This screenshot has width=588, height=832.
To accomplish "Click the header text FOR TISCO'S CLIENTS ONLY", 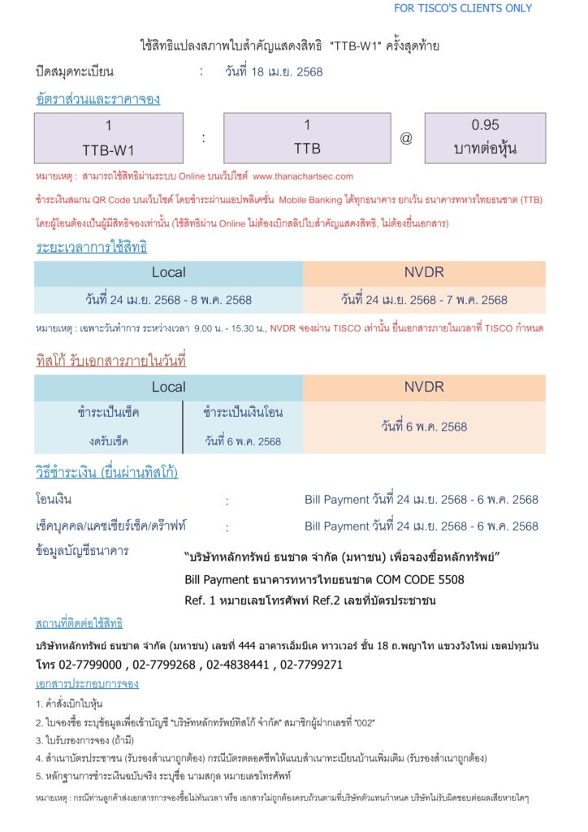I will coord(463,8).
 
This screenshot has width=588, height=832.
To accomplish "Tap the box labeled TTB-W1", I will coord(109,138).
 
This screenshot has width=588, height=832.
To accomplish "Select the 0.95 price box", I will coord(485,138).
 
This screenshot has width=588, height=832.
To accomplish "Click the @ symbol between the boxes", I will coord(406,138).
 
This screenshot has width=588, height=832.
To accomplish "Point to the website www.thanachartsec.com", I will coord(303,175).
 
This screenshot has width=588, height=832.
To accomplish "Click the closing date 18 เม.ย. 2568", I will coord(274,71).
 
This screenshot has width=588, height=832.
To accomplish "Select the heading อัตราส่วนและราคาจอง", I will coord(97,99).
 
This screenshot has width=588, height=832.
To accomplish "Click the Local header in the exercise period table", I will coord(168,272).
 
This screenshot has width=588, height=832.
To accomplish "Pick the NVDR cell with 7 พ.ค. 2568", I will coord(424,300).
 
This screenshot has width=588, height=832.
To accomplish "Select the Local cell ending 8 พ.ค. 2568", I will coord(168,300).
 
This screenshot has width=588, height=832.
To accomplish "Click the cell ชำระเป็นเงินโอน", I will coord(243,413).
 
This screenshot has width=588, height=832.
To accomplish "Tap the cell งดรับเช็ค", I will coord(109,441).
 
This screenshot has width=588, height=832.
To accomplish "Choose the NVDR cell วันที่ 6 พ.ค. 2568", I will coord(424,426).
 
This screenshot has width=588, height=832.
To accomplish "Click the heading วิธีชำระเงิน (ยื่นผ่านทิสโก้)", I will coord(106,473).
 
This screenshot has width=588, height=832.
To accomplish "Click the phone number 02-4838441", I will coord(237,664).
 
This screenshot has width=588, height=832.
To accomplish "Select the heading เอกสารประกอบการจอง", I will coord(87,683).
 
